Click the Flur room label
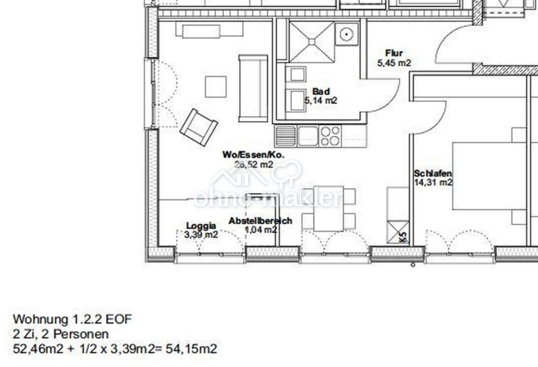pos(394,53)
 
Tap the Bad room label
pos(321,92)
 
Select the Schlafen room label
pos(432,173)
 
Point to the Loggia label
pos(201,226)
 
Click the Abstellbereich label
pos(260,221)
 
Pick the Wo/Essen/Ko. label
pos(254,155)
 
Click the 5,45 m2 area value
pos(394,63)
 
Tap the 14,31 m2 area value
pos(433,182)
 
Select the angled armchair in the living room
pos(199,127)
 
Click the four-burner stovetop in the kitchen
pos(330,136)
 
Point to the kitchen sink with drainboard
pos(297,136)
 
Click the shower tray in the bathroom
pos(312,42)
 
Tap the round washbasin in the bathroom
pos(346,34)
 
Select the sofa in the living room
pos(253,88)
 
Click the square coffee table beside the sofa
pos(216,87)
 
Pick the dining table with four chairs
pos(329,209)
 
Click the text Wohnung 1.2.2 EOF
pos(72,319)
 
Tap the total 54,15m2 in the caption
pos(191,349)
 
